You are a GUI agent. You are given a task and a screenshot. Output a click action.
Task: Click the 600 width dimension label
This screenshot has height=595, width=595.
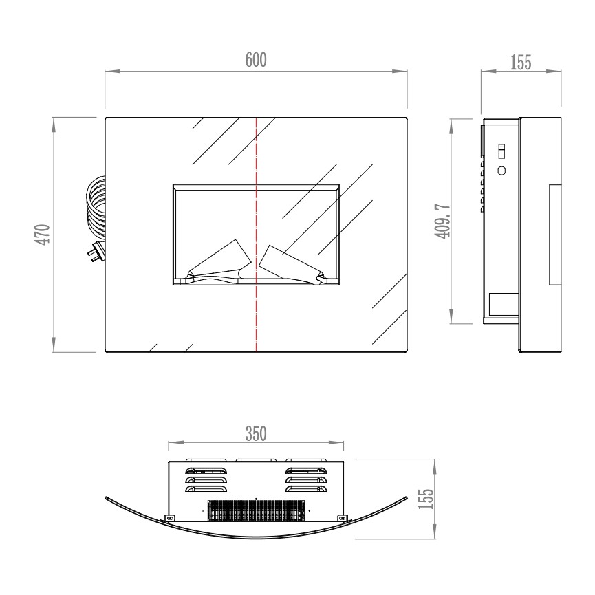pyautogui.click(x=256, y=60)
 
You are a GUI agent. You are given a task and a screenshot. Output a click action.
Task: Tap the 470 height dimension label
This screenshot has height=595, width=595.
pyautogui.click(x=43, y=234)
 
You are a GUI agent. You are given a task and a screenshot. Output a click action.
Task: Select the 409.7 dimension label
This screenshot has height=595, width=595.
pyautogui.click(x=442, y=221)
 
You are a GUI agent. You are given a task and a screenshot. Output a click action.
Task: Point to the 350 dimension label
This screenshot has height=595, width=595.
pyautogui.click(x=256, y=434)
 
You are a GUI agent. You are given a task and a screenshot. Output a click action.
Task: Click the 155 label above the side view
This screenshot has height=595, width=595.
pyautogui.click(x=521, y=63)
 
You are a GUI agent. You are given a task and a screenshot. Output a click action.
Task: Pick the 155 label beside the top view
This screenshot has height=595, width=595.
pyautogui.click(x=425, y=499)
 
